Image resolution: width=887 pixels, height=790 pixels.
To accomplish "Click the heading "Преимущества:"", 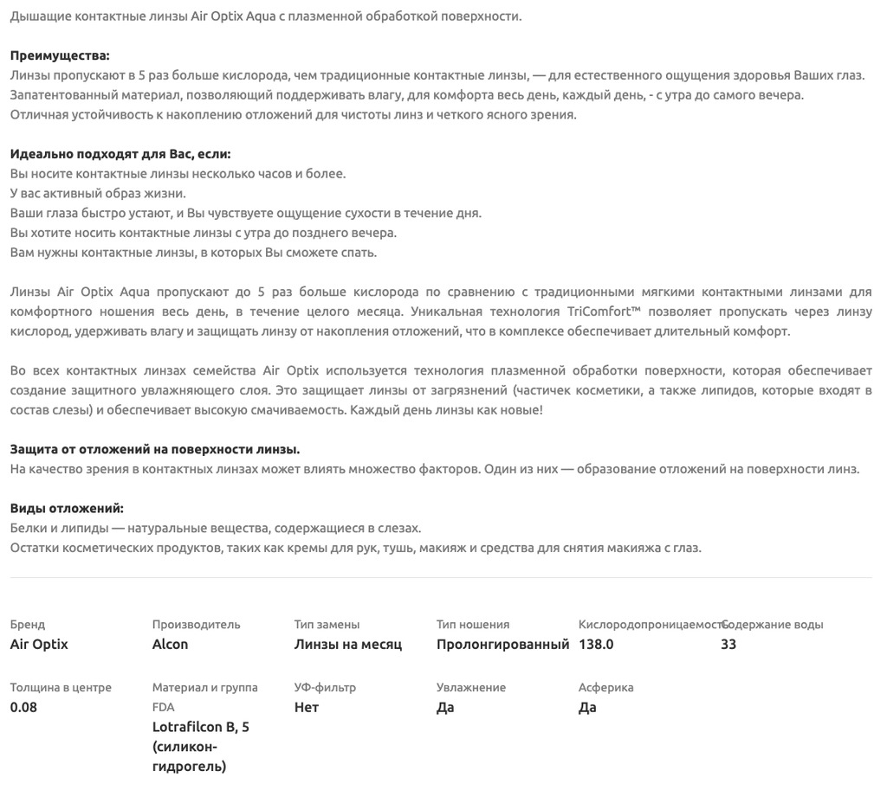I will click(60, 55).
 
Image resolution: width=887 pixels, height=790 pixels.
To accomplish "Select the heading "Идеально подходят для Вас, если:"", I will click(120, 154).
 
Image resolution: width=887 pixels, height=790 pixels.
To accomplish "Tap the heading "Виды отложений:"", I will click(67, 508).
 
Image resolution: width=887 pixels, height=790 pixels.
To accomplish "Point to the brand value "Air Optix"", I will click(39, 644).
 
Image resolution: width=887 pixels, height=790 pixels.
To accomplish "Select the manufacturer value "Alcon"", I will click(170, 644).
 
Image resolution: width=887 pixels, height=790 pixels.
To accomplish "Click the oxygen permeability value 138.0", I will click(596, 644).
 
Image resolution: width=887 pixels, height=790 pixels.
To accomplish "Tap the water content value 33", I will click(728, 644).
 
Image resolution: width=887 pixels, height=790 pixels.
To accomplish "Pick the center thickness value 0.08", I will click(23, 707).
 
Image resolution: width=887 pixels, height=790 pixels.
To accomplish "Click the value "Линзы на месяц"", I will click(348, 644).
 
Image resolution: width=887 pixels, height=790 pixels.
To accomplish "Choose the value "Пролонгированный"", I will click(502, 644).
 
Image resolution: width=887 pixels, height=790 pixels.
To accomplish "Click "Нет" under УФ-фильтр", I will click(307, 707).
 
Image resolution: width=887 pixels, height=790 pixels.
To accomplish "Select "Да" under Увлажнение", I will click(445, 707).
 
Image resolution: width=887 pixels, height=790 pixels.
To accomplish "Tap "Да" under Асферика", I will click(587, 707).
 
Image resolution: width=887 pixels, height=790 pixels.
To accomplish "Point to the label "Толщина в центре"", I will click(61, 687).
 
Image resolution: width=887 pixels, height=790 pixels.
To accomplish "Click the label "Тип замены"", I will click(327, 624).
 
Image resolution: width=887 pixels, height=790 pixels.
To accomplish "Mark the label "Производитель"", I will click(196, 624).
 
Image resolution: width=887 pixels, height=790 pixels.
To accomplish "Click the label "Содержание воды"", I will click(774, 624).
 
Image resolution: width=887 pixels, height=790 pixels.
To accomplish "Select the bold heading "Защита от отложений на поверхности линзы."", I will click(155, 449).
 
